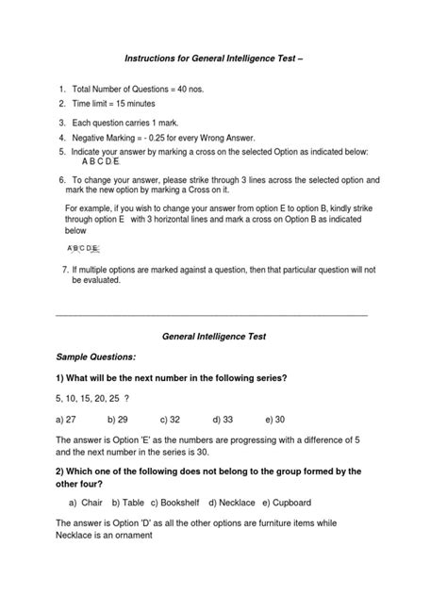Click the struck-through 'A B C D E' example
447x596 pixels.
(82, 248)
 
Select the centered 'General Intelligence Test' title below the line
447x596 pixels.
(223, 335)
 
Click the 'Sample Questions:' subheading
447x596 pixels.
(95, 358)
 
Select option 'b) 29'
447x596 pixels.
(118, 419)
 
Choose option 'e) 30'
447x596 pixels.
(275, 419)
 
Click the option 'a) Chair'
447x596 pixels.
(84, 502)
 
